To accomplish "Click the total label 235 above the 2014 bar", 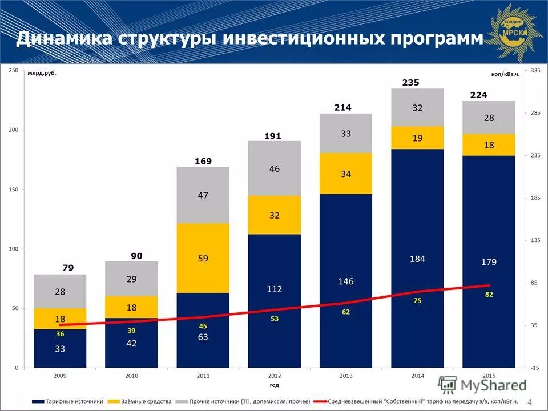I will tap(410, 83).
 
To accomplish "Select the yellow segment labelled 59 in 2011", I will tap(203, 258).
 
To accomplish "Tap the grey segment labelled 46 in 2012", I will tap(275, 169).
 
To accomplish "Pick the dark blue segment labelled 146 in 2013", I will tap(346, 281).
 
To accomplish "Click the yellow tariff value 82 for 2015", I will tap(489, 294).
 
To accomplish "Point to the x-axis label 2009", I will tap(59, 376).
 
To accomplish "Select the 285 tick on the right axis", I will tap(535, 113).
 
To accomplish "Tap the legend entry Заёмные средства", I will tap(148, 402).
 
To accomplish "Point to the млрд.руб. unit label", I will tap(43, 73).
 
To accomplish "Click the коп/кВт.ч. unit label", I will tap(505, 74).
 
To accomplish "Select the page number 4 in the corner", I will tap(530, 402).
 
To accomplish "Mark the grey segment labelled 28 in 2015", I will tap(489, 118).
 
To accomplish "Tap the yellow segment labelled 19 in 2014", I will tap(417, 138).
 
